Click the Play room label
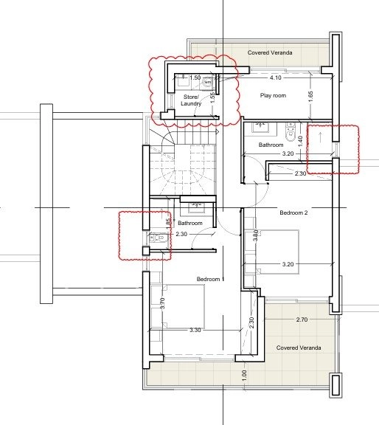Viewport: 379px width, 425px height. point(273,95)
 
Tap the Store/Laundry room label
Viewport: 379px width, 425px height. point(191,100)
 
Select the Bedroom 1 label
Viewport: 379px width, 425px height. point(210,279)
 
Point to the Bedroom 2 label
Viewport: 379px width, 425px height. point(293,212)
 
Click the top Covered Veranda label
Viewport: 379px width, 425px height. point(270,52)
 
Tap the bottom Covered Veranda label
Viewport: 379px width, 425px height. point(299,348)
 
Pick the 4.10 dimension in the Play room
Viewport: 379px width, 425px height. point(276,77)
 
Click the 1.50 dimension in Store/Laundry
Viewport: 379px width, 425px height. point(195,77)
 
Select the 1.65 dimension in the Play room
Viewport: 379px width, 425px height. point(310,97)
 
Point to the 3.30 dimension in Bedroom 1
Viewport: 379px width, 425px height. point(195,330)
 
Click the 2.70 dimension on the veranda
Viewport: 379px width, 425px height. point(302,319)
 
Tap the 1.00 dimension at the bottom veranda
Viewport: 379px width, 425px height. point(244,376)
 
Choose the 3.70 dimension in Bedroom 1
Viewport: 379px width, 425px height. point(162,303)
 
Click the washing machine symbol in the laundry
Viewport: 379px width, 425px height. point(207,82)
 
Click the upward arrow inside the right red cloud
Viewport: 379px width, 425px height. point(321,137)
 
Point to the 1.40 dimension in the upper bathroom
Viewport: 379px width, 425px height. point(300,142)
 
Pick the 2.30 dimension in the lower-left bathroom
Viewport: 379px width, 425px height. point(181,234)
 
